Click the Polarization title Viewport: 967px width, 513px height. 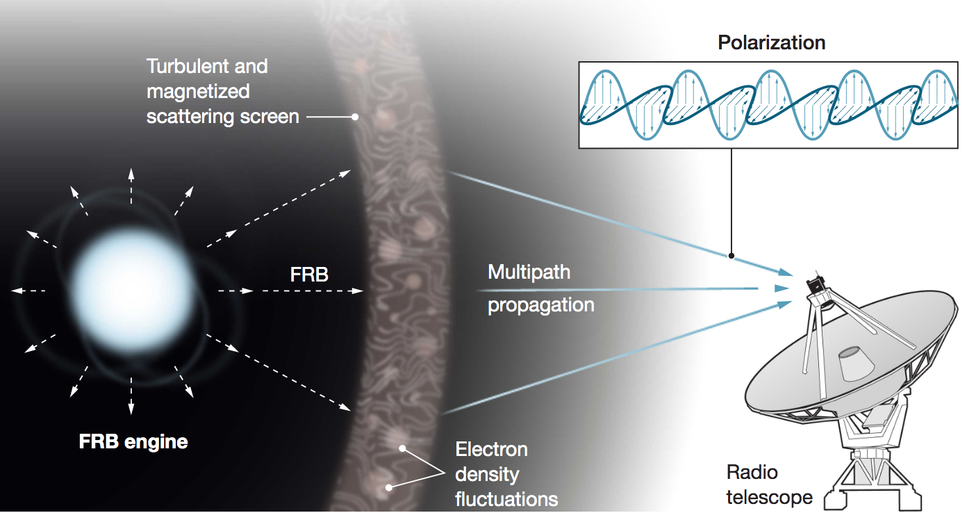click(771, 43)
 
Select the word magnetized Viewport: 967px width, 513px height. click(198, 92)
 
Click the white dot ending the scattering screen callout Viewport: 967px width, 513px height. click(355, 117)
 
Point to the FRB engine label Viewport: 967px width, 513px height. click(133, 442)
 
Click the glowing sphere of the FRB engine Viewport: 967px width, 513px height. click(132, 290)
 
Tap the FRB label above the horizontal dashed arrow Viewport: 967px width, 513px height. click(309, 275)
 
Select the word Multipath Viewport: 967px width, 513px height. click(529, 272)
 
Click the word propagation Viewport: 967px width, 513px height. click(541, 305)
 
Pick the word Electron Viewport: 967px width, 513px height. click(491, 450)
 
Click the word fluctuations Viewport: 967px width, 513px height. click(506, 499)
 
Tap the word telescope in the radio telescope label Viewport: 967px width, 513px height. click(769, 497)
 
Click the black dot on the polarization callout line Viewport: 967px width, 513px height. click(732, 256)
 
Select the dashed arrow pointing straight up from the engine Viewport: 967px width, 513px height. click(131, 186)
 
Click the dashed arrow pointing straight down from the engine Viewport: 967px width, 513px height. click(131, 396)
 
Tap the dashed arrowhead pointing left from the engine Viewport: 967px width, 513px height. click(17, 291)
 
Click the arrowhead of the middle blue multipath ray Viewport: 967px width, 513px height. click(782, 288)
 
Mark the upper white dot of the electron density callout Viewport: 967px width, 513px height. click(402, 448)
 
